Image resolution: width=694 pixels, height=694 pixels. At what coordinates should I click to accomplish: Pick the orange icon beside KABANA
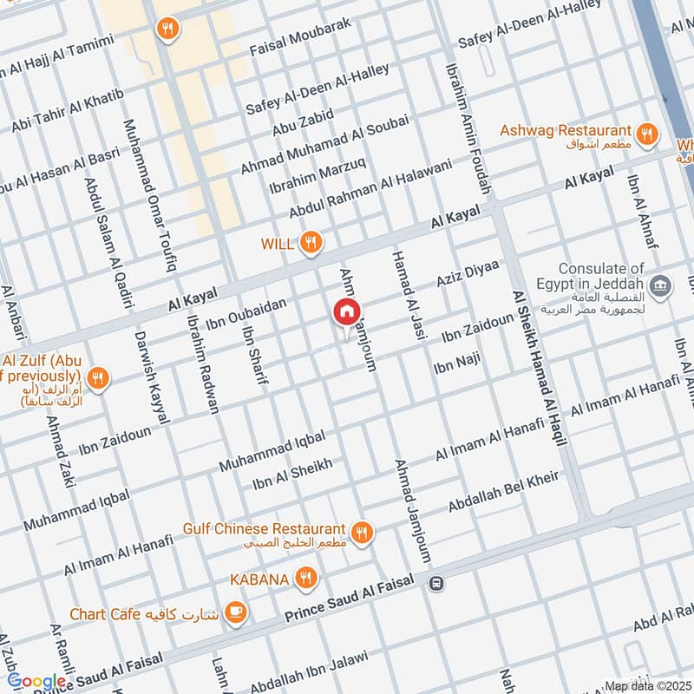[x=304, y=577]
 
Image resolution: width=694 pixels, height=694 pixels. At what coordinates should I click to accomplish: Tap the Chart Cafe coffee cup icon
[x=234, y=613]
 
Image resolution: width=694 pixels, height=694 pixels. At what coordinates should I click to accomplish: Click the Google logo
[x=36, y=682]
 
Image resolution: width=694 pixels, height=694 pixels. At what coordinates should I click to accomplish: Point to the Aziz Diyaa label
[x=468, y=275]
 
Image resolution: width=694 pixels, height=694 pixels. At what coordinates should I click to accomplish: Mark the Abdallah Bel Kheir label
[x=503, y=492]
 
